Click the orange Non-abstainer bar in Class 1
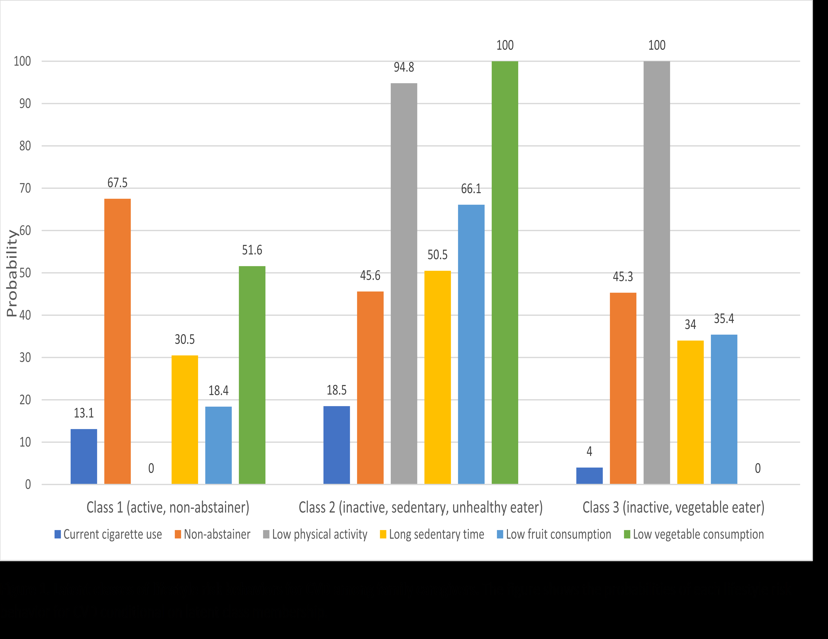[x=118, y=341]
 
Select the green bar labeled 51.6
[x=252, y=375]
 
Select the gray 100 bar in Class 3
[x=657, y=273]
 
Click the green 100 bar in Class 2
[x=505, y=273]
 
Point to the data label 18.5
[x=337, y=390]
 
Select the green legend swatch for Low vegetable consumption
[x=627, y=534]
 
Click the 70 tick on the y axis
[x=25, y=188]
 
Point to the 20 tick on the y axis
[x=25, y=400]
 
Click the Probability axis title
[x=12, y=273]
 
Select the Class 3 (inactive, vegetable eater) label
[x=673, y=507]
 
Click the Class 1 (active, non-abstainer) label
[x=168, y=507]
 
